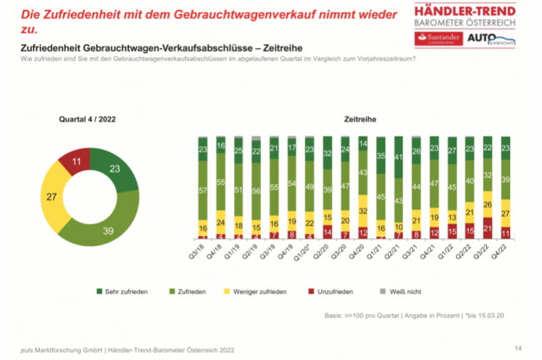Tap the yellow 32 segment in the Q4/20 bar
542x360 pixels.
coord(363,211)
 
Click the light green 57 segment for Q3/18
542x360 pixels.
coord(202,190)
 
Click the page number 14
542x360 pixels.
coord(517,344)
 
